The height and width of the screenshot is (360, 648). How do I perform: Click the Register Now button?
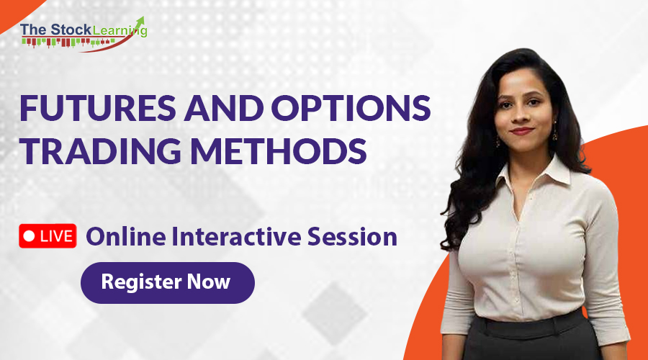pyautogui.click(x=167, y=282)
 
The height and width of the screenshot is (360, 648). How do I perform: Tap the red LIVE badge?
pyautogui.click(x=48, y=235)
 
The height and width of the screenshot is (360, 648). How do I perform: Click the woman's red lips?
pyautogui.click(x=521, y=130)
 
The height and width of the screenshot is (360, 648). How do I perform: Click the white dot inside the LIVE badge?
pyautogui.click(x=30, y=235)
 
